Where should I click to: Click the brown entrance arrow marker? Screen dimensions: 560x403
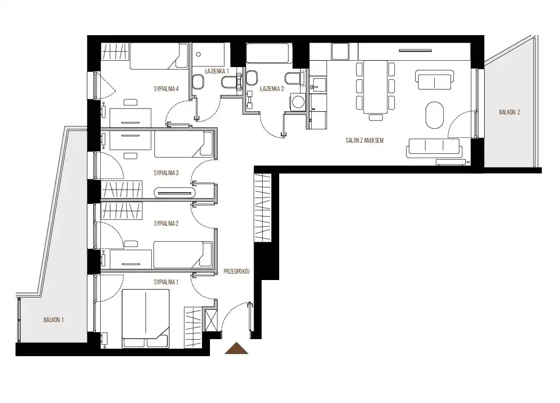click(236, 348)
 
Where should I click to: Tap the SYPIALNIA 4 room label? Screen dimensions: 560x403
click(166, 89)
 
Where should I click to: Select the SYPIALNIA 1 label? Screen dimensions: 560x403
click(166, 282)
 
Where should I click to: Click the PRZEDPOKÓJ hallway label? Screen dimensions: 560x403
click(237, 272)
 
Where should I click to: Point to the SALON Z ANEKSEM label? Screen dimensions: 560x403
click(364, 141)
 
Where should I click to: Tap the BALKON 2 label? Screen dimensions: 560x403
click(509, 112)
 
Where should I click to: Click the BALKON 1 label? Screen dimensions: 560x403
click(54, 320)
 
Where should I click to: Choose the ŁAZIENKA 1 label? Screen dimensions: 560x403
click(217, 71)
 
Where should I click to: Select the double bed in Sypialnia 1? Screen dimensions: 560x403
click(145, 318)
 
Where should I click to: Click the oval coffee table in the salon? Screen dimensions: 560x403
click(435, 115)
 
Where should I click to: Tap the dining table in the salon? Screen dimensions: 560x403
click(375, 87)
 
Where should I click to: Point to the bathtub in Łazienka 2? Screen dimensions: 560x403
click(269, 53)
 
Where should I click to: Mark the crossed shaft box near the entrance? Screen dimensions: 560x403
click(211, 319)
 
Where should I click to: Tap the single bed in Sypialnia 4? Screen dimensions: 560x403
click(159, 56)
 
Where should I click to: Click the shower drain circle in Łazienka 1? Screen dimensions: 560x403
click(199, 54)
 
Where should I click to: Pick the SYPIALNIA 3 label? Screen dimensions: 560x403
click(166, 173)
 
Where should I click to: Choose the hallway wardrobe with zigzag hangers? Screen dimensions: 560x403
click(263, 207)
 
